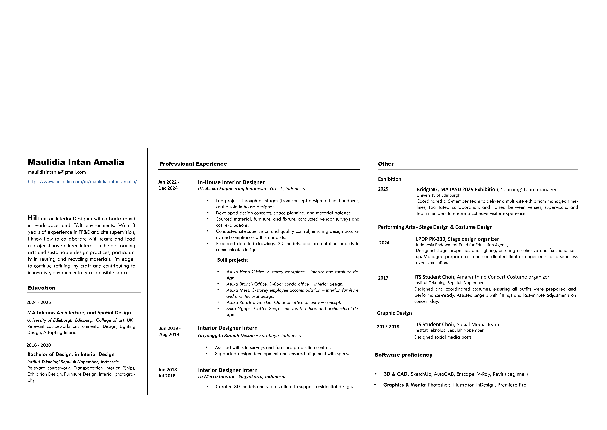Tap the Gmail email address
point(57,172)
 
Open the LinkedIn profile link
point(82,182)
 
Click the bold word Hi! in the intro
point(32,218)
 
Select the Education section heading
point(41,288)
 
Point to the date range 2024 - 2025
point(39,302)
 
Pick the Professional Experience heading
point(193,164)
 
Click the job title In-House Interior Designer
point(231,182)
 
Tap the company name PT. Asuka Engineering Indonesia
point(232,189)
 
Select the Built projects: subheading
point(233,260)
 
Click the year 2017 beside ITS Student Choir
point(383,278)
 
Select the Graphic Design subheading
point(394,313)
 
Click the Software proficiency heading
point(403,355)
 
